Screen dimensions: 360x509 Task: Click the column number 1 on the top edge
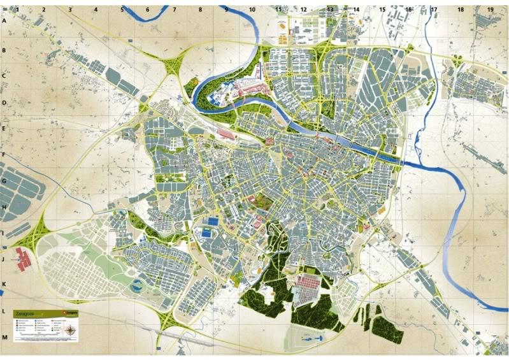[x=18, y=10]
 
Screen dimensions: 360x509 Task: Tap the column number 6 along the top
[x=148, y=10]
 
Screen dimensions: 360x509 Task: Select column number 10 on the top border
[x=252, y=10]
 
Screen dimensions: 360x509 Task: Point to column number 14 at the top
[x=356, y=10]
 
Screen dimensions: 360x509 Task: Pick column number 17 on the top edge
[x=434, y=10]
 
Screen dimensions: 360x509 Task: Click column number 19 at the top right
[x=490, y=10]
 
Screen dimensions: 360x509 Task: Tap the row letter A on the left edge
[x=4, y=21]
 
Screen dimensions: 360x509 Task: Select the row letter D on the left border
[x=4, y=102]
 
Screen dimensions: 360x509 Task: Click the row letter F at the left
[x=4, y=155]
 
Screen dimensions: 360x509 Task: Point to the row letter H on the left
[x=4, y=207]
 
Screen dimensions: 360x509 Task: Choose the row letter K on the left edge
[x=4, y=285]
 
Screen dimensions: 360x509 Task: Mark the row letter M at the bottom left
[x=4, y=337]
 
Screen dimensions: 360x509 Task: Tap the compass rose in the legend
[x=71, y=331]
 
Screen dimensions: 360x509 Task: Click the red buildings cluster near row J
[x=23, y=259]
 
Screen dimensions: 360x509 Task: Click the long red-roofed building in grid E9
[x=226, y=133]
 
